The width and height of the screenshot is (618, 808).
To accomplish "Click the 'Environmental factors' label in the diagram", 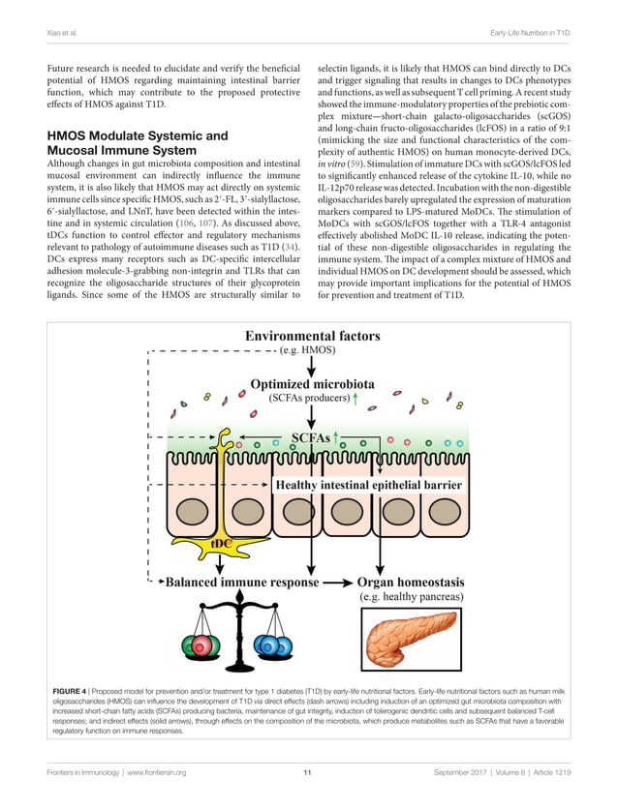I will (x=312, y=336).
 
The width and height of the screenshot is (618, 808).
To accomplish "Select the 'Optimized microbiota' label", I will (x=311, y=382).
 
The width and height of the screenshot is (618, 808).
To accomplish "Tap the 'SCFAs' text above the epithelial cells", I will (x=309, y=437).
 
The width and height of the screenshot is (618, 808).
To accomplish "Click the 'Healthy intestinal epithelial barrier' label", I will (x=369, y=484).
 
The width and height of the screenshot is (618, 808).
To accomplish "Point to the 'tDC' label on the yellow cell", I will (x=221, y=545).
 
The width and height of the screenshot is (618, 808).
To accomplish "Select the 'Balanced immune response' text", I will (x=241, y=583).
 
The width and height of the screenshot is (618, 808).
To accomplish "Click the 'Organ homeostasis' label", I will (x=412, y=583).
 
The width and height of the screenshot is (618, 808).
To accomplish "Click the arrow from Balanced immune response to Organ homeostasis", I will (x=336, y=584).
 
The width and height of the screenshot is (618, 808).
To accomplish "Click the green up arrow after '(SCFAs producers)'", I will (x=357, y=398).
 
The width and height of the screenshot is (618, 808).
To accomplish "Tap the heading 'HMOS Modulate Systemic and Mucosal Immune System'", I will (x=138, y=143).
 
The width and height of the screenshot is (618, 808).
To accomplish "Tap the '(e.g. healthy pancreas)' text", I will (x=412, y=597).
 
